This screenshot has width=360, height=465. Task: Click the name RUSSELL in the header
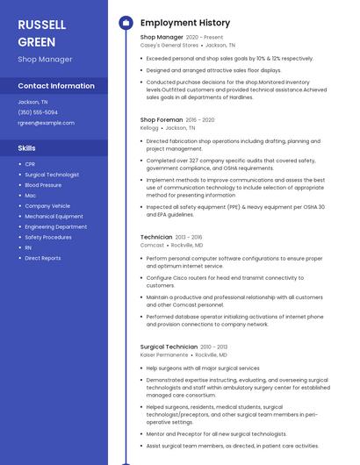tap(41, 24)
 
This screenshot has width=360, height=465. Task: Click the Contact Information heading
tap(56, 86)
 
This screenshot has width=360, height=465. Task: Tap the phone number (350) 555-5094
tap(38, 112)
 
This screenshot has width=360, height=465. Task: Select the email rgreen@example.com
tap(46, 123)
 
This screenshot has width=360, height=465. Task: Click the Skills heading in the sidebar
tap(27, 147)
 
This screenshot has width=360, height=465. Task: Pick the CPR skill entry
tap(30, 164)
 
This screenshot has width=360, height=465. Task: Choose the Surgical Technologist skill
tap(52, 175)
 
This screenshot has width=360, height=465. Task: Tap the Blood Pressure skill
tap(43, 185)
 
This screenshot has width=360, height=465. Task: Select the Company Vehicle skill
tap(47, 205)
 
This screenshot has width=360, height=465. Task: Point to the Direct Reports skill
tap(43, 258)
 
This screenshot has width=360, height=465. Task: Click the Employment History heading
tap(185, 23)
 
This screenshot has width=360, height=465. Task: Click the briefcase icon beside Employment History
tap(126, 23)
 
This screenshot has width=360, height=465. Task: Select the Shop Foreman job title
tap(162, 119)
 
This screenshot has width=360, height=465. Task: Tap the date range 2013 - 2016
tap(189, 237)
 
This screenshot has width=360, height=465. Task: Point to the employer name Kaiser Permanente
tap(164, 354)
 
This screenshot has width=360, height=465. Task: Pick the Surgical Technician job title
tap(169, 347)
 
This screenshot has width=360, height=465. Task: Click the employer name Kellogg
tap(149, 127)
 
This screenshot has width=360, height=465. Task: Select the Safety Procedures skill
tap(48, 237)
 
